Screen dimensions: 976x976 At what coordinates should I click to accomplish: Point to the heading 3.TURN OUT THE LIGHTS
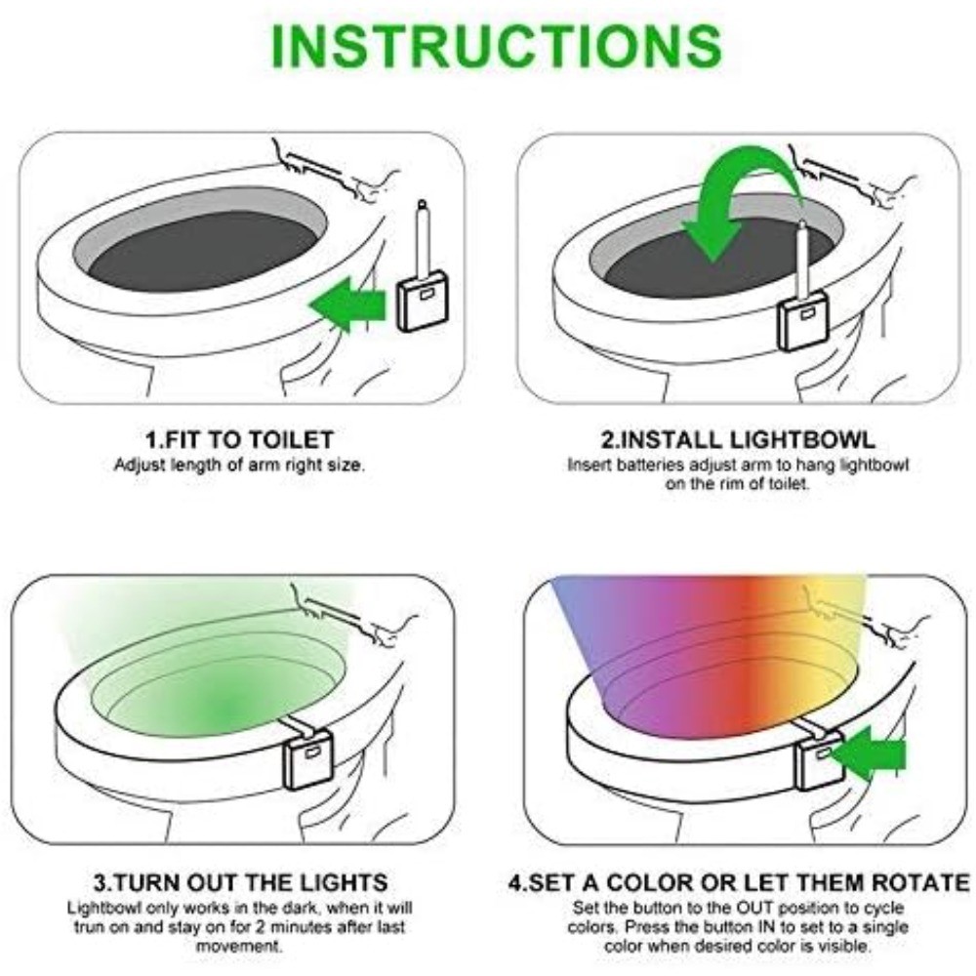coord(239,883)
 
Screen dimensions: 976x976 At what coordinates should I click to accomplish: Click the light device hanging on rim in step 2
coord(801,322)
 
